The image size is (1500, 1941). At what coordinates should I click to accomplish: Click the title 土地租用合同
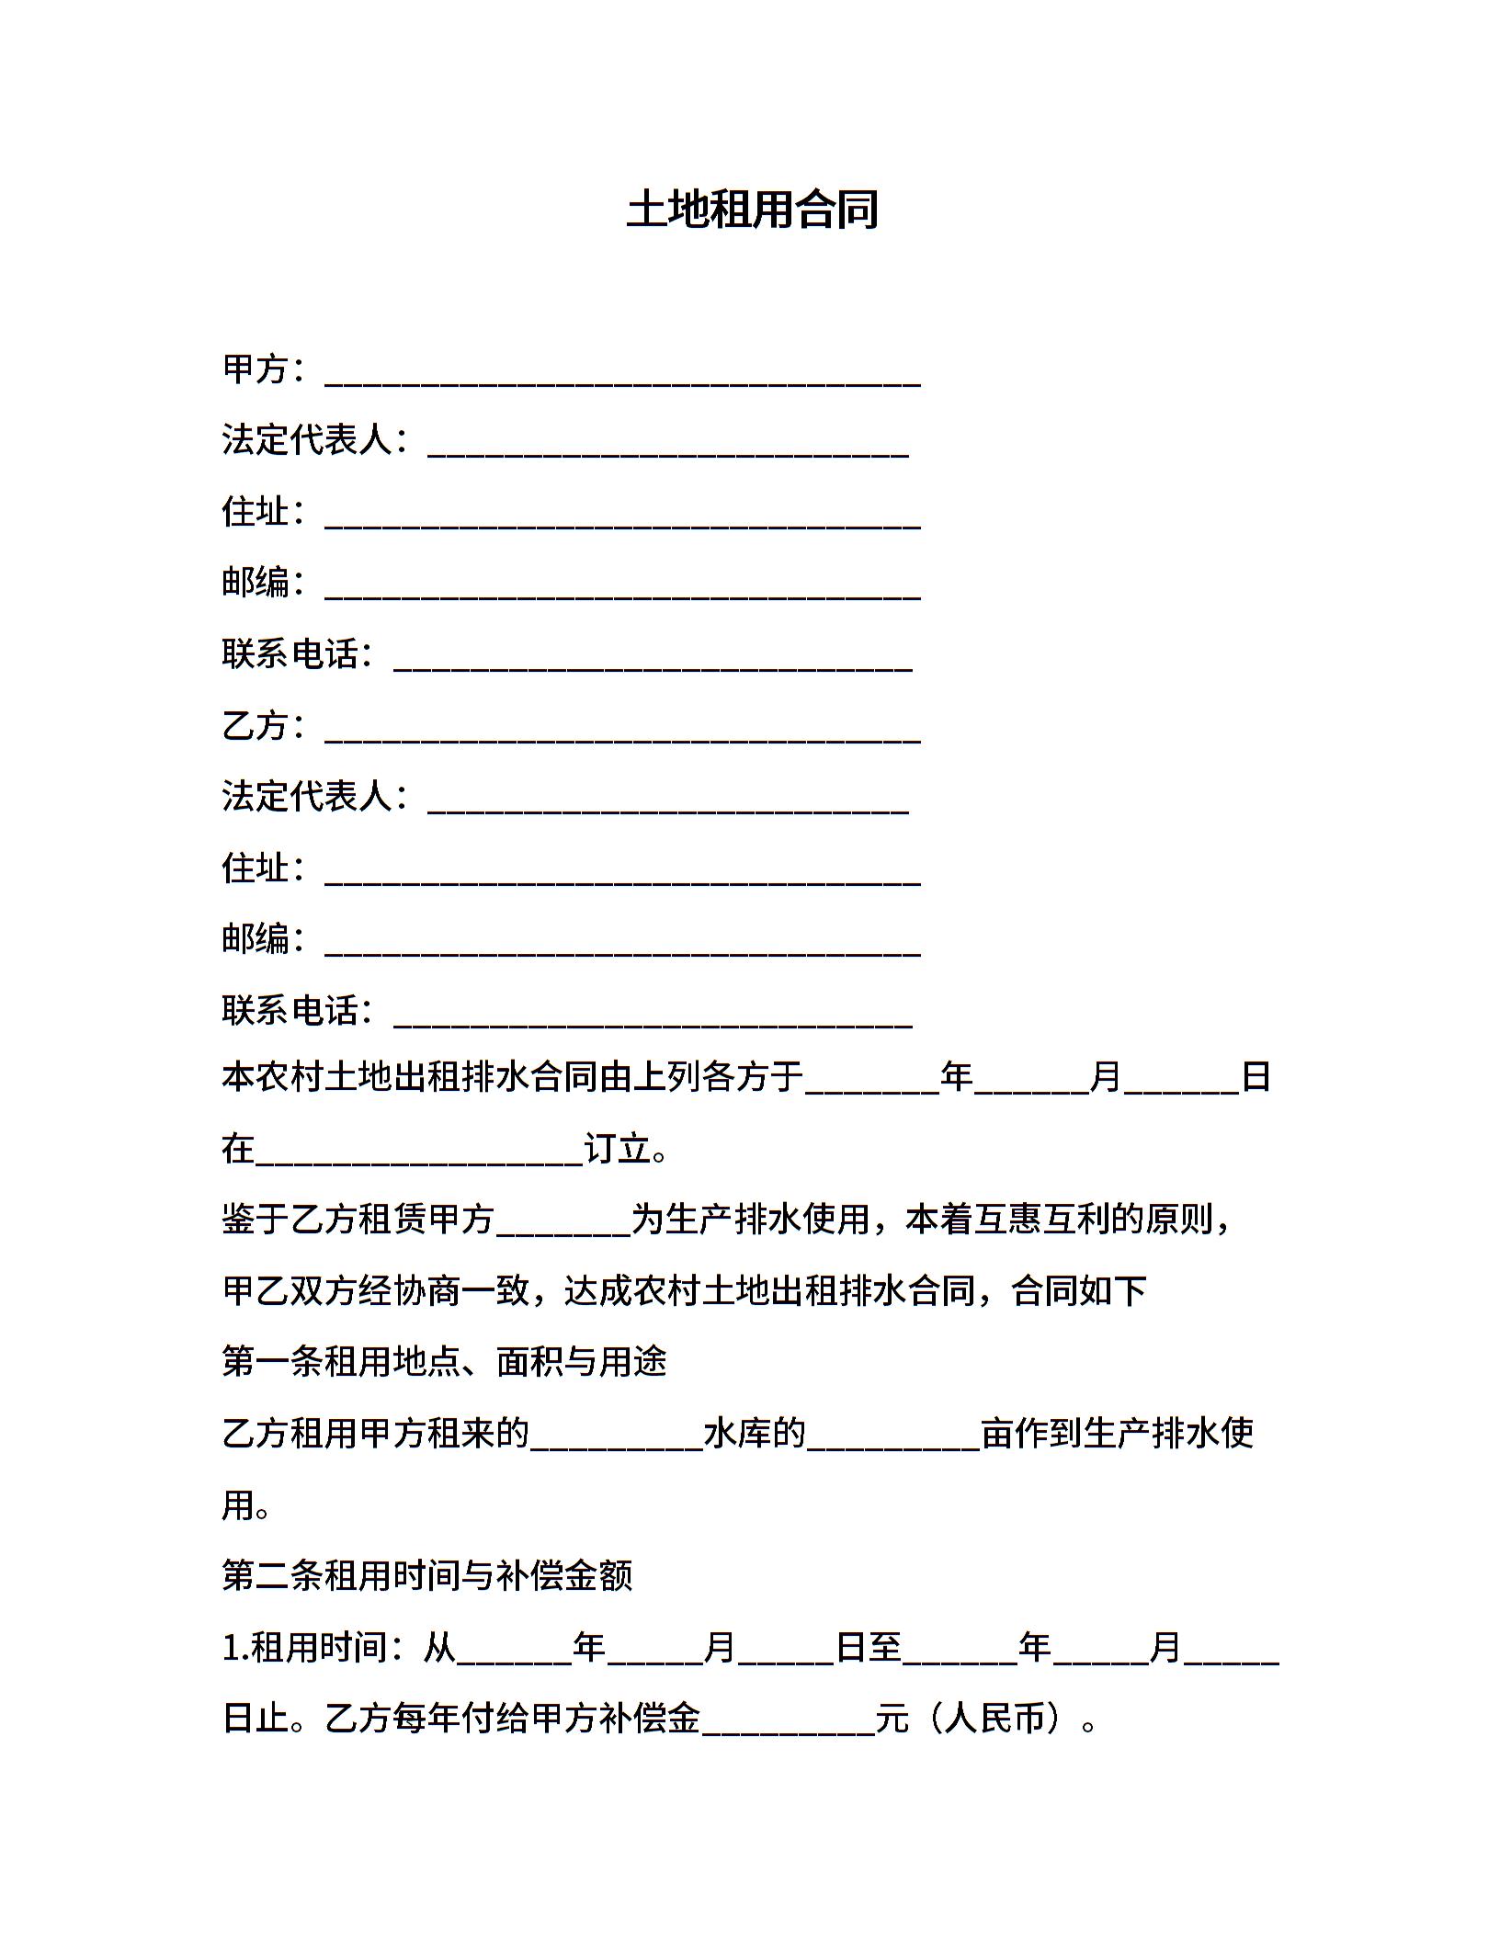[752, 210]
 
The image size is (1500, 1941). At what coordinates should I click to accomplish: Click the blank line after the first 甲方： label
[622, 377]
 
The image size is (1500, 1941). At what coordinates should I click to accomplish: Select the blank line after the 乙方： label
[622, 733]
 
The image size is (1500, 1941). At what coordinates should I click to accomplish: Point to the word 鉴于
[256, 1220]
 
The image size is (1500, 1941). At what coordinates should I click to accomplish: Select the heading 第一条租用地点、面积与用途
[444, 1362]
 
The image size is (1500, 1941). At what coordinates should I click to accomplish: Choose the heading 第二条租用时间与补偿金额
[427, 1576]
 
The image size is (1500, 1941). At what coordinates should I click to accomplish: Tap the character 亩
[997, 1434]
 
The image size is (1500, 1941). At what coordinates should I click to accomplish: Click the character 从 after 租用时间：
[439, 1648]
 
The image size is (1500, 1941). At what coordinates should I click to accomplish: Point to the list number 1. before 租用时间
[235, 1648]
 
